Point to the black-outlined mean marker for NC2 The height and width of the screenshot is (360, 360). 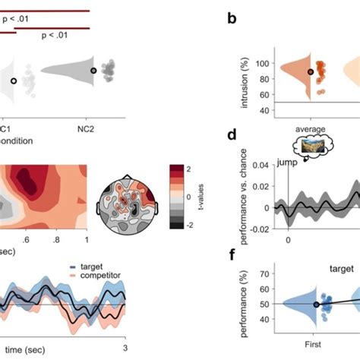click(93, 71)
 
